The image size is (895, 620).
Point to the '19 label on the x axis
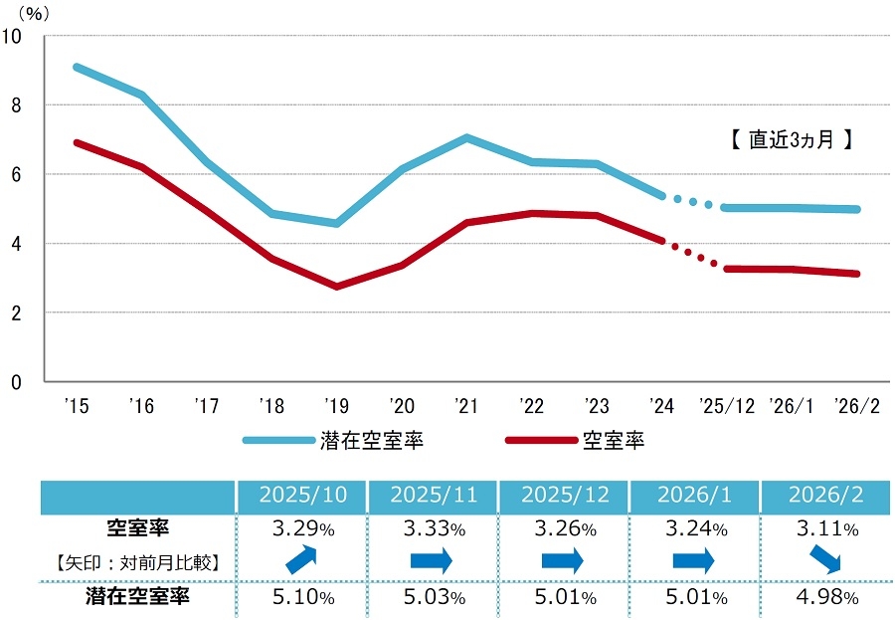coord(335,406)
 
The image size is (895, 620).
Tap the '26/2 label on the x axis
coord(857,406)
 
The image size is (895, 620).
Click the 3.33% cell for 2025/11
coord(433,527)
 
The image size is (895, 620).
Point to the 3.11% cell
coord(824,527)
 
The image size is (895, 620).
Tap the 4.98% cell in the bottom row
coord(824,597)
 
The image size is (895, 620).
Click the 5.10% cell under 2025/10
coord(302,597)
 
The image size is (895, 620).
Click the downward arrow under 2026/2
coord(824,561)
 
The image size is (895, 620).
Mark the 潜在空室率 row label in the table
coord(138,597)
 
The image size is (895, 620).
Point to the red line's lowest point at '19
coord(336,287)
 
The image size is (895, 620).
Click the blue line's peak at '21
coord(466,137)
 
